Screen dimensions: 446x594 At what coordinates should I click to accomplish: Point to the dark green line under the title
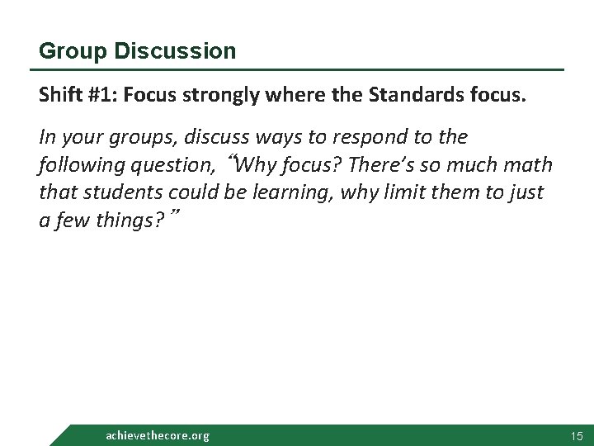coord(301,69)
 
